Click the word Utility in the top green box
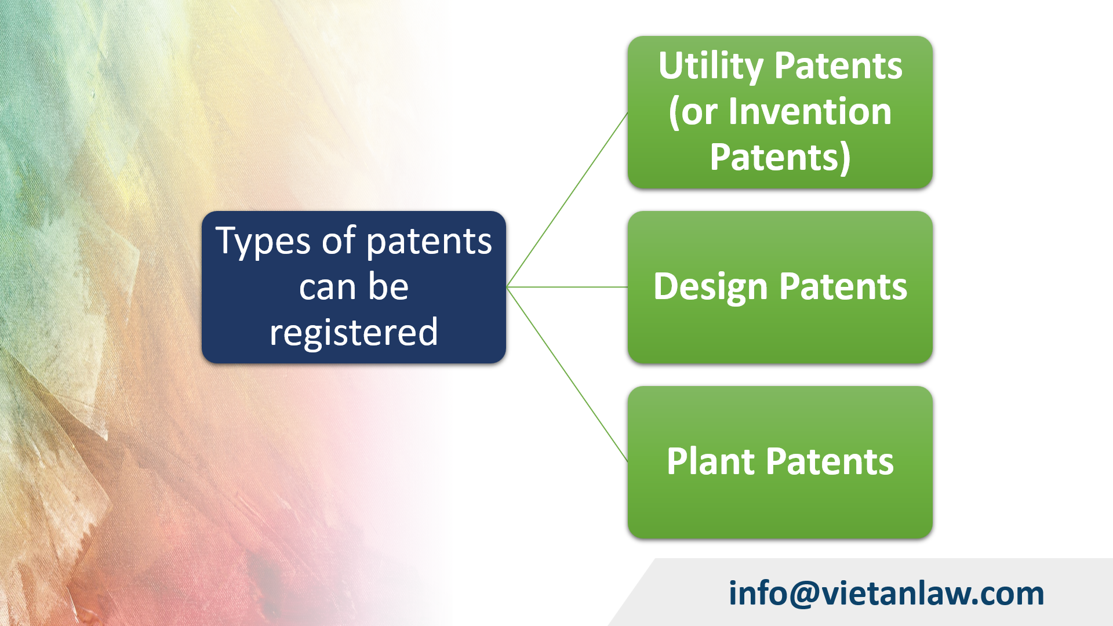point(711,66)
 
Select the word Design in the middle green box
point(710,287)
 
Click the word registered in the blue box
point(354,333)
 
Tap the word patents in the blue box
point(429,242)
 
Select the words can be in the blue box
point(354,287)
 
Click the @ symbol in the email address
point(805,594)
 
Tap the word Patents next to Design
point(843,287)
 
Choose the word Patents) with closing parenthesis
point(780,157)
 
